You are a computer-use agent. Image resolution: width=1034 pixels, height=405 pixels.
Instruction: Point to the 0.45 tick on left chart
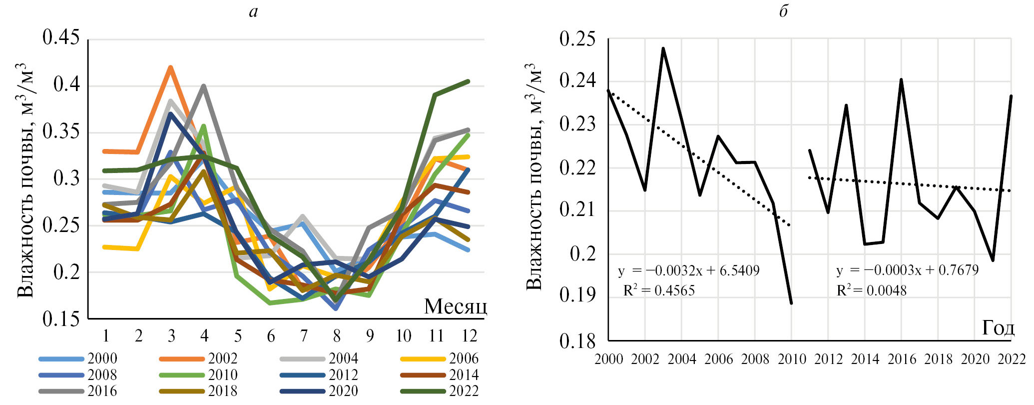click(61, 37)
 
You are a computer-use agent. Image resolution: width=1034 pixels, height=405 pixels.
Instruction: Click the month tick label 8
click(337, 336)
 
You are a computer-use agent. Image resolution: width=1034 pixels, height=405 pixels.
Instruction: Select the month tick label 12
click(470, 336)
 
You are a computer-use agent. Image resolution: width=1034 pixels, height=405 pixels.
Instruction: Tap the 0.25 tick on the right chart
click(577, 39)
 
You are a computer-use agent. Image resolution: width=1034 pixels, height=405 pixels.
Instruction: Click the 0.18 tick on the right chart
click(577, 341)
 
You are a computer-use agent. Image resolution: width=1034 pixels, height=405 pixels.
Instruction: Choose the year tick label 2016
click(902, 359)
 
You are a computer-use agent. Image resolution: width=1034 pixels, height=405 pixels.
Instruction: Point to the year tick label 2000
click(608, 359)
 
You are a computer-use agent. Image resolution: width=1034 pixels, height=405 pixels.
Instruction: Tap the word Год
click(998, 328)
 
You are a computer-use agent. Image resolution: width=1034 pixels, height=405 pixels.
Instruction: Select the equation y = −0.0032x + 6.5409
click(688, 271)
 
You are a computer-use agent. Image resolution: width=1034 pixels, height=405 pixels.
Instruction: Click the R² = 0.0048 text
click(871, 290)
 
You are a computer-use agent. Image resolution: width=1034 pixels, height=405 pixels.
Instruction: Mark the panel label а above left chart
click(253, 11)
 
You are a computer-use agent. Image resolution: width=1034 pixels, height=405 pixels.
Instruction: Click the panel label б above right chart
click(783, 11)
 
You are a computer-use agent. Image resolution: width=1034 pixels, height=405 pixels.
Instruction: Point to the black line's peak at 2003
click(663, 48)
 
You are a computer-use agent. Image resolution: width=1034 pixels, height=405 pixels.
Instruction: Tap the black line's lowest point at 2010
click(791, 303)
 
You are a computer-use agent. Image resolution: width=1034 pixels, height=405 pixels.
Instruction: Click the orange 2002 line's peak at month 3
click(171, 67)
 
